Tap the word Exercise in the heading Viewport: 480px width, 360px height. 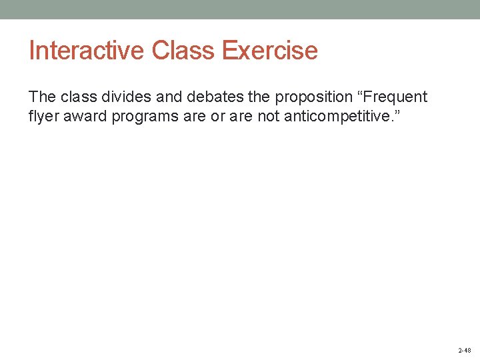(x=270, y=51)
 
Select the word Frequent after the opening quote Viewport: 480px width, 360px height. (x=393, y=97)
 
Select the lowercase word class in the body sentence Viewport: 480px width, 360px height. (x=77, y=97)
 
